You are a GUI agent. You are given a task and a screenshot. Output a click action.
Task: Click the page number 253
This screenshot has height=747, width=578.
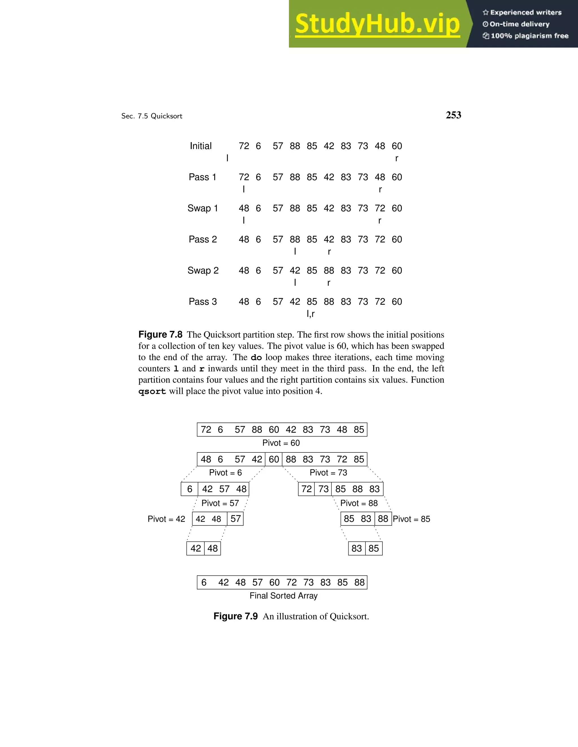pos(453,115)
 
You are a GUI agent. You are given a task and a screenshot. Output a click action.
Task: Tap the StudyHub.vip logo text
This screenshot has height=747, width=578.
pos(377,24)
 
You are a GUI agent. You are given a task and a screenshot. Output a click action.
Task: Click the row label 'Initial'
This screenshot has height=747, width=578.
pos(201,146)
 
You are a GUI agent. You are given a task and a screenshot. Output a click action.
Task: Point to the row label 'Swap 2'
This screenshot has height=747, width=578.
pos(203,271)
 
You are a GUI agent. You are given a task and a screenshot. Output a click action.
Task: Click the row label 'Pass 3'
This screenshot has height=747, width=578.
pos(203,302)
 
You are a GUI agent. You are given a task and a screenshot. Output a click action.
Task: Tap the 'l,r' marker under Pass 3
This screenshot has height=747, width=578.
pos(310,314)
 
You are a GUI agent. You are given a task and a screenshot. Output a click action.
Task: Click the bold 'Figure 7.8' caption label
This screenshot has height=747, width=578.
pos(160,335)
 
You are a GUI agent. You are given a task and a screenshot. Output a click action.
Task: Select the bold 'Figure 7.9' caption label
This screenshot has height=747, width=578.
pos(235,616)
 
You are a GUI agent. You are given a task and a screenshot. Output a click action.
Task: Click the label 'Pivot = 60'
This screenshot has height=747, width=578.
pos(281,443)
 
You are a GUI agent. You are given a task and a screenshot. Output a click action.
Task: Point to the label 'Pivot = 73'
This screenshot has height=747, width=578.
pos(328,473)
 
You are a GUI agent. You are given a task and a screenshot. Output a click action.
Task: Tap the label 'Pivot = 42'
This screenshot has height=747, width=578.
pos(166,519)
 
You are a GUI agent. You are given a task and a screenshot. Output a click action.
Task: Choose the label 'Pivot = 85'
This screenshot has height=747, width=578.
pos(411,519)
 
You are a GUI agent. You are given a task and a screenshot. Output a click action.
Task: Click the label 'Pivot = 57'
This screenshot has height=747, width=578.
pos(220,503)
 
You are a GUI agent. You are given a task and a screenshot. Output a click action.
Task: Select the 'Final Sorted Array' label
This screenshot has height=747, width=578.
pos(284,596)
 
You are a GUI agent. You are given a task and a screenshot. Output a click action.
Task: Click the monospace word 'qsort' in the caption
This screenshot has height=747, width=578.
pos(152,392)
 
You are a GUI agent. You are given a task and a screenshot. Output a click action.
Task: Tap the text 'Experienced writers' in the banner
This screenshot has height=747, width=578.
pos(526,13)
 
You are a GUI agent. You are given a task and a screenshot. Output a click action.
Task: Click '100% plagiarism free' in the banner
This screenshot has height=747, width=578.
pos(529,36)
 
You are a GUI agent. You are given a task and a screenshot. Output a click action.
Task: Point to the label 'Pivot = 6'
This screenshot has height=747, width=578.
pos(225,473)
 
